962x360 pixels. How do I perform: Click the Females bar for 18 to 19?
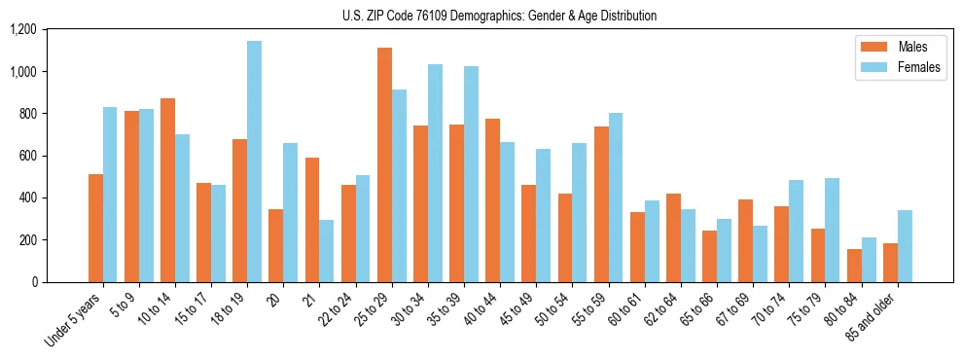tap(254, 162)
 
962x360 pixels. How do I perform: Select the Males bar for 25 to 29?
tap(384, 164)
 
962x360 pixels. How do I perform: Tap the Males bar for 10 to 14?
tap(167, 190)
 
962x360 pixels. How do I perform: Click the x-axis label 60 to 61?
tap(631, 310)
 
